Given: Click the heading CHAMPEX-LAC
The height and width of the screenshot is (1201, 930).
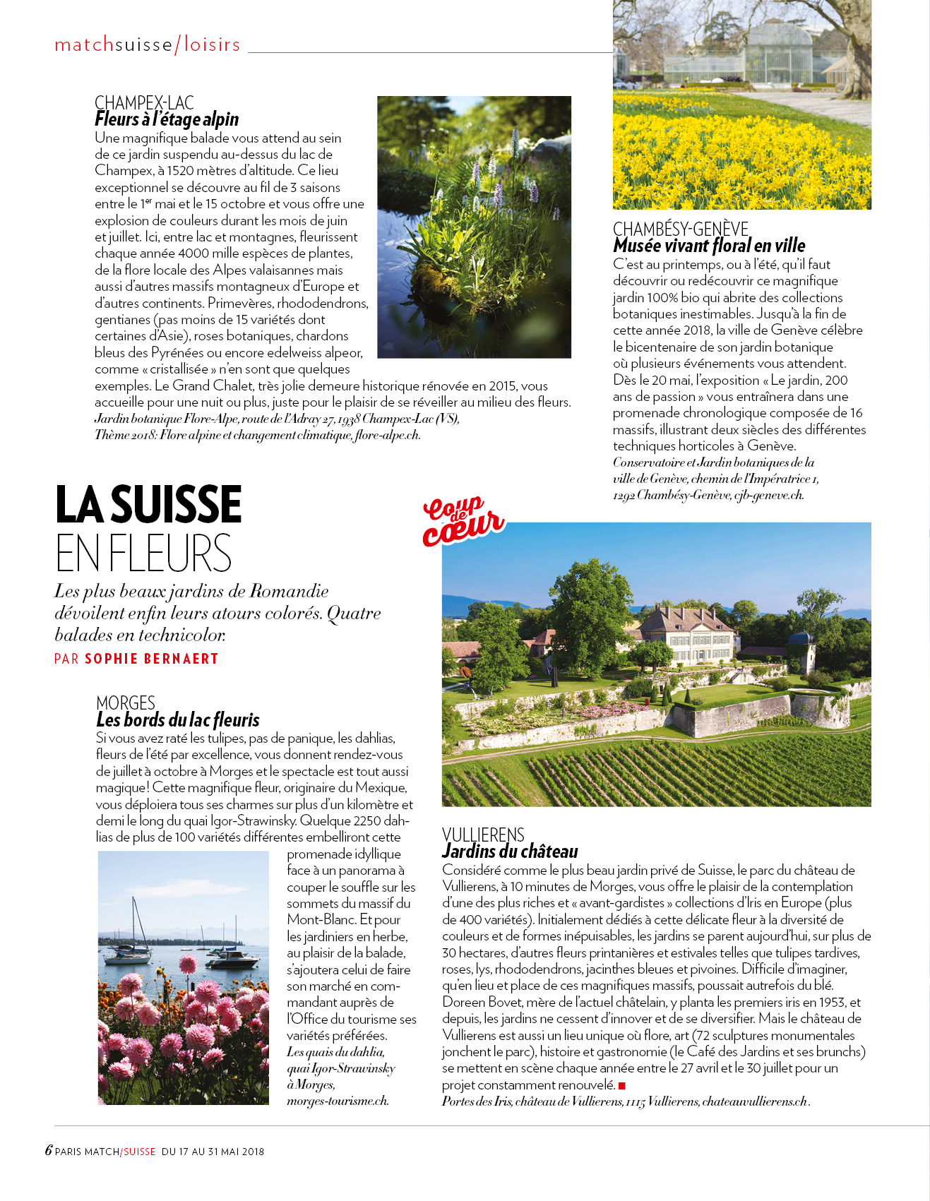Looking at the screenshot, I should point(144,103).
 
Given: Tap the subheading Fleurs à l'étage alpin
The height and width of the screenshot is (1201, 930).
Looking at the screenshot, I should point(167,119).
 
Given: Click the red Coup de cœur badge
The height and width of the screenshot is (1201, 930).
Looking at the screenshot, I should point(463,521).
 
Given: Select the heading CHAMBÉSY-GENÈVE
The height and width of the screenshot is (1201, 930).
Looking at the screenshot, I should point(680,229).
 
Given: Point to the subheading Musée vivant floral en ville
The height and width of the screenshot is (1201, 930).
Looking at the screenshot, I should point(709,246).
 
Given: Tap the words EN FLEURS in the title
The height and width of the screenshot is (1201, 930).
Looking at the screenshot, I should point(143,553).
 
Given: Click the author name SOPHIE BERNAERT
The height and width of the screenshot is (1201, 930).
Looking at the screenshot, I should point(151,659).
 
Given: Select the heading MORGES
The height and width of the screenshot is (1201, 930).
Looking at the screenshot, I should point(126,703).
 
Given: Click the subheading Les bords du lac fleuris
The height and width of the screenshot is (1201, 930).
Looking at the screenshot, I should point(178,720).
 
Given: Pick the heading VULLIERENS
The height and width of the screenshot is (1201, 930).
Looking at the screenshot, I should point(483,835).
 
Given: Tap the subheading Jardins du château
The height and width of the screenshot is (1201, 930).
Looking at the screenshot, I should point(510,852).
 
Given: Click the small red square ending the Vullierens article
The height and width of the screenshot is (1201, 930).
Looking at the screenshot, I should point(621,1085).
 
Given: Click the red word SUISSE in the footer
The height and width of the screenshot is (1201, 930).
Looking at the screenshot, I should point(139,1152).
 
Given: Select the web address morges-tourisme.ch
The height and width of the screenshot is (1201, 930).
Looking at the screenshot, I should point(338,1101).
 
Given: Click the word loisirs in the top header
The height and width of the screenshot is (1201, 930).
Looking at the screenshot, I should point(212,44).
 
